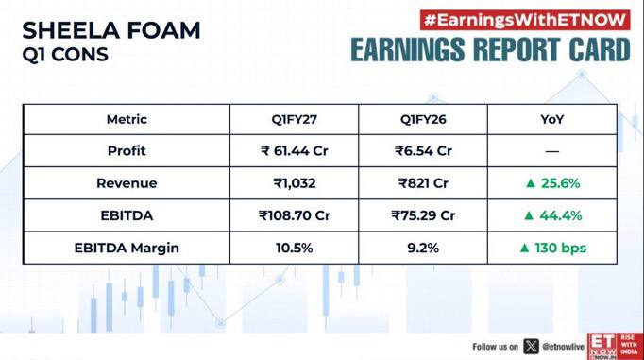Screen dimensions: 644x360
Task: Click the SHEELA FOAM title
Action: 111,31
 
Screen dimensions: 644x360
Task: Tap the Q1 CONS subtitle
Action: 65,55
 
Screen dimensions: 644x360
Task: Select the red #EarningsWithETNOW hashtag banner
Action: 525,20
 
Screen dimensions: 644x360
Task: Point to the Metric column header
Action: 127,120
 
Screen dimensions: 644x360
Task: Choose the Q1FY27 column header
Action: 294,120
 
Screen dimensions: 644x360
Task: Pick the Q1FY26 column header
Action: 423,120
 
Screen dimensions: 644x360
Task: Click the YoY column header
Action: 552,120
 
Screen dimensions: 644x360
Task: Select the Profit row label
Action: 127,151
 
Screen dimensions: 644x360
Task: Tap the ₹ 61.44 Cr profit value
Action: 294,151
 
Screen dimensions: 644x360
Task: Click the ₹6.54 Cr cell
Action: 423,151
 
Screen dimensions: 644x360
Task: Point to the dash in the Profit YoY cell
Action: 552,151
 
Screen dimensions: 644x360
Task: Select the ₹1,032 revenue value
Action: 295,183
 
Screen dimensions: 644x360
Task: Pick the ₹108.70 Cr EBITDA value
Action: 294,215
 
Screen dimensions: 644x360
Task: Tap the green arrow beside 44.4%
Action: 529,215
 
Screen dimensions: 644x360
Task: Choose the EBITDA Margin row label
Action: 127,248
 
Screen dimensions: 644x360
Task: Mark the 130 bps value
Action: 560,248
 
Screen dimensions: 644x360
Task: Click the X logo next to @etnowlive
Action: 531,347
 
